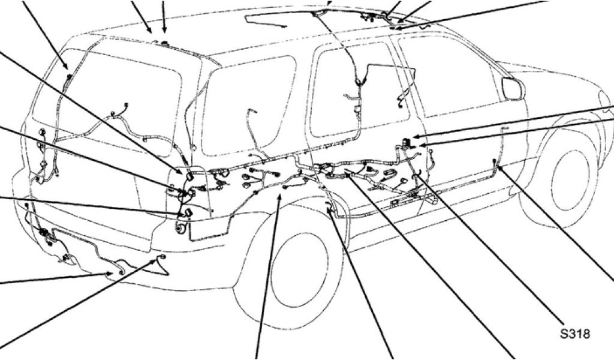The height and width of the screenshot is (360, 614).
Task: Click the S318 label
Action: click(x=575, y=334)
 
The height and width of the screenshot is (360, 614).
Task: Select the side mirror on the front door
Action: click(x=511, y=88)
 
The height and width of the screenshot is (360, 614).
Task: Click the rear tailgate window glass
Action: click(x=110, y=102)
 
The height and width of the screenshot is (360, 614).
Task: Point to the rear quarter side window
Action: click(x=249, y=106)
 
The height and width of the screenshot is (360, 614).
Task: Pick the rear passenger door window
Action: click(x=359, y=89)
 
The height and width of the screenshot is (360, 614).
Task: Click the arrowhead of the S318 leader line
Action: click(x=418, y=176)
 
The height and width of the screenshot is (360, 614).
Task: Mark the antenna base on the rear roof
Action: click(x=164, y=42)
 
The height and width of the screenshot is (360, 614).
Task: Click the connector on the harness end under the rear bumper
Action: click(x=161, y=257)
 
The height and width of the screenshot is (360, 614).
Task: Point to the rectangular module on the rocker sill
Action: click(x=398, y=203)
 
